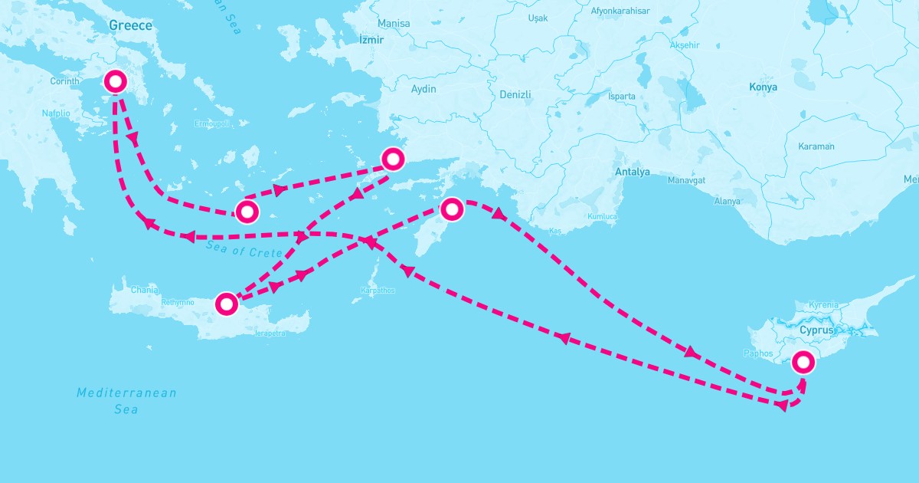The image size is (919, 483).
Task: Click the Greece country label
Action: (130, 25)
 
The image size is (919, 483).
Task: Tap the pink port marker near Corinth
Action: (115, 81)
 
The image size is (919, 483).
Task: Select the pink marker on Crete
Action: (226, 304)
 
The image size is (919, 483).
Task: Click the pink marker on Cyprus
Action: (803, 361)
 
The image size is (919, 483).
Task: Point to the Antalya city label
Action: (632, 172)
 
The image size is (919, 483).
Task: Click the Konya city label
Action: (763, 87)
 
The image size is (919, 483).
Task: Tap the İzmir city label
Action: (371, 39)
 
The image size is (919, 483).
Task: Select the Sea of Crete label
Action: (244, 248)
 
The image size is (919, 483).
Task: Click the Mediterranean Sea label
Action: (126, 401)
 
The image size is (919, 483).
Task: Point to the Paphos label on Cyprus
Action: (758, 353)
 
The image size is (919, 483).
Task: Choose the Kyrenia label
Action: (823, 305)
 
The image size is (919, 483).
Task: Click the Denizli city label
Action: (515, 94)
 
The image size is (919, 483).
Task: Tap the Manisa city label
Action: (394, 24)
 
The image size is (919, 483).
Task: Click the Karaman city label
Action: (816, 146)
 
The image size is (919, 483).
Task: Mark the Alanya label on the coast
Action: (727, 201)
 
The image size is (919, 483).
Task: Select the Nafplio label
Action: (56, 113)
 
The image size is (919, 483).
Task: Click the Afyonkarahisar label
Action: (620, 11)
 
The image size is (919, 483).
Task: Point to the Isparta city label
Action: (621, 97)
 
